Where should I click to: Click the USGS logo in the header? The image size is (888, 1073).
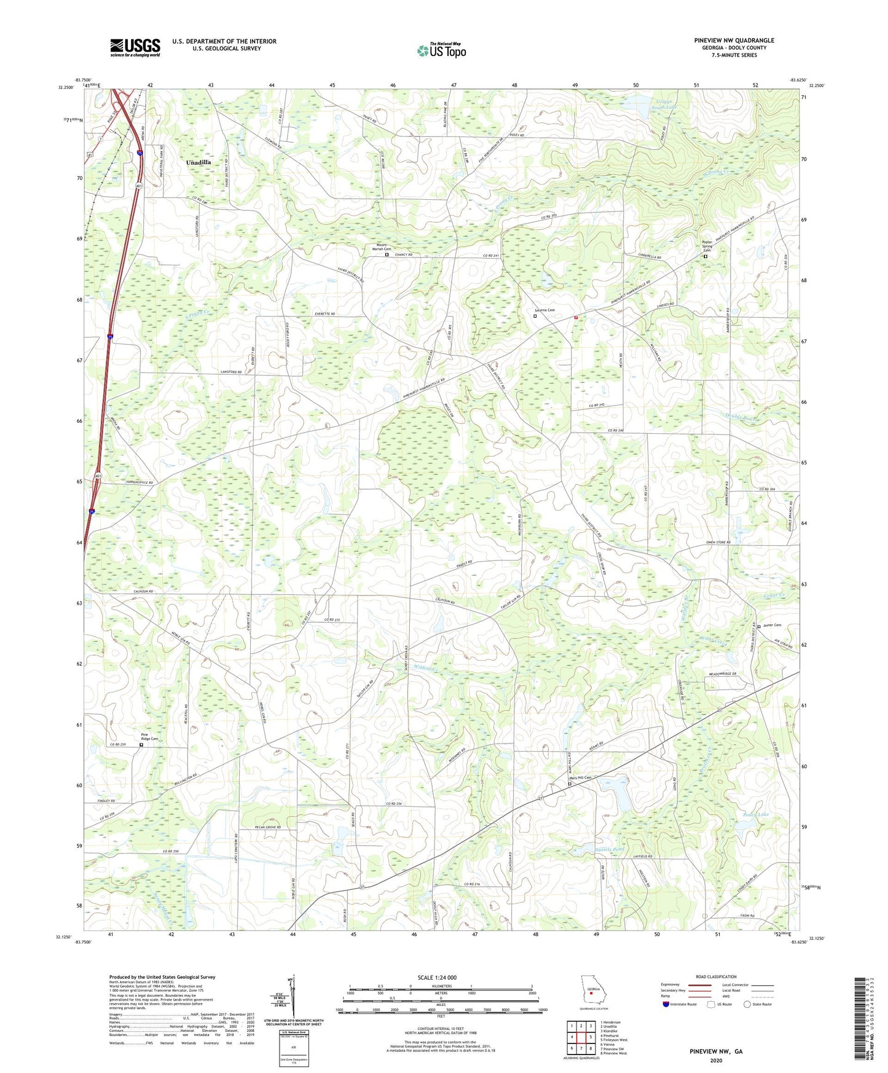pos(135,47)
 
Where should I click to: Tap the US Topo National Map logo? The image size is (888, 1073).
pos(441,50)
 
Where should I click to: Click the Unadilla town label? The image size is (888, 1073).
pos(198,162)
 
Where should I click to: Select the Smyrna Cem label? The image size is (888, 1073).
pos(544,310)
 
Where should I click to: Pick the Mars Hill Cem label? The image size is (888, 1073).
pos(580,778)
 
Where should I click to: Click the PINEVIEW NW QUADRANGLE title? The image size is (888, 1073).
pos(734,41)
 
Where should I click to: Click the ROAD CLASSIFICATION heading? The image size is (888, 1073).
pos(716,977)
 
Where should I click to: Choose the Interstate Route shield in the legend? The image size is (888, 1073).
pos(666,1004)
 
